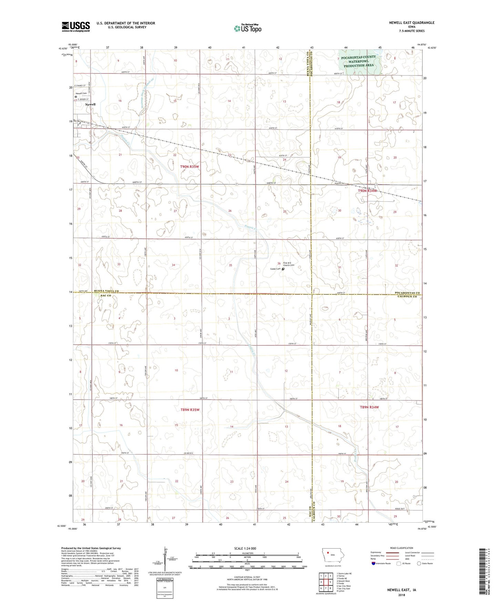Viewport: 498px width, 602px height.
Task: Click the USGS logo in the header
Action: pos(76,27)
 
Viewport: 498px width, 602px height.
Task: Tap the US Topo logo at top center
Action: pos(247,28)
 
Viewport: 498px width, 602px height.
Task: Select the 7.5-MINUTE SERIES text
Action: pos(411,31)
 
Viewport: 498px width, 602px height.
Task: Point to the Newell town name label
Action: pos(90,104)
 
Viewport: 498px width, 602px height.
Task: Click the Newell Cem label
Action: pos(81,93)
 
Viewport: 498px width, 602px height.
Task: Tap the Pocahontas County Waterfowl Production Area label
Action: pos(359,61)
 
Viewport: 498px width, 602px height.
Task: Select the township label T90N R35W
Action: pos(190,167)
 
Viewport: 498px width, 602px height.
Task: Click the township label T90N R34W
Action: pos(368,191)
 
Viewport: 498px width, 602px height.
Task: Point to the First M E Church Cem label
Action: pos(289,264)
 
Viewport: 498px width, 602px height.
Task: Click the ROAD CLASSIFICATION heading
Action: pos(402,548)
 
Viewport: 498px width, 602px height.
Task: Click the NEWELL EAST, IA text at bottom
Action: pos(402,590)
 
